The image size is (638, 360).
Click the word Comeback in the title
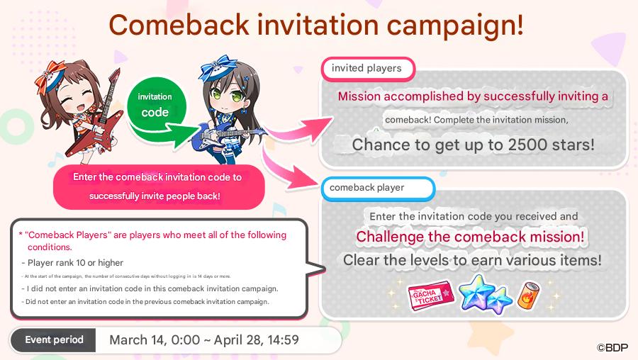pyautogui.click(x=179, y=25)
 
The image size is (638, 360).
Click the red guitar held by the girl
pyautogui.click(x=96, y=118)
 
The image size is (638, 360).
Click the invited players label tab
pyautogui.click(x=368, y=69)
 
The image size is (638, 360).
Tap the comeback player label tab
pyautogui.click(x=378, y=188)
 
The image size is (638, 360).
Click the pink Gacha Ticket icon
pyautogui.click(x=431, y=296)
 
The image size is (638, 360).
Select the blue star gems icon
pyautogui.click(x=485, y=294)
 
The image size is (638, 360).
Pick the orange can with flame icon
pyautogui.click(x=529, y=296)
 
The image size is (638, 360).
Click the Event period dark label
pyautogui.click(x=53, y=340)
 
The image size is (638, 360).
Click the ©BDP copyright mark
pyautogui.click(x=612, y=347)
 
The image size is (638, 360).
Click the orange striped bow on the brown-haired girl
pyautogui.click(x=50, y=76)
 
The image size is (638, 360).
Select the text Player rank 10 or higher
pyautogui.click(x=75, y=263)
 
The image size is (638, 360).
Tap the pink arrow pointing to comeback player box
pyautogui.click(x=289, y=168)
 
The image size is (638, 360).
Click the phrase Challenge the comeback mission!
pyautogui.click(x=470, y=237)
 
